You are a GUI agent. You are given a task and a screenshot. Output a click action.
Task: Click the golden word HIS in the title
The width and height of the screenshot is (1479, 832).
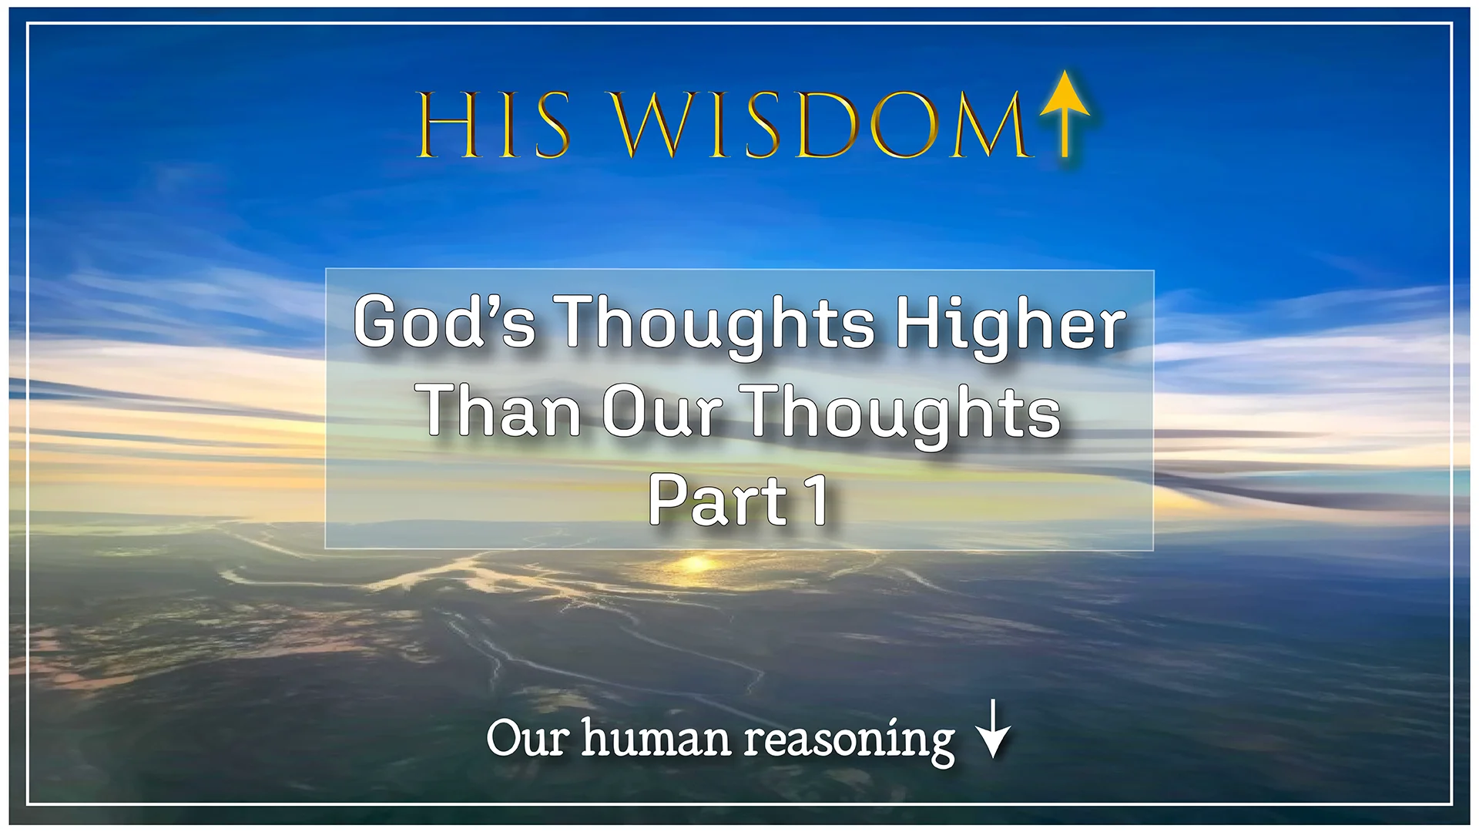[494, 126]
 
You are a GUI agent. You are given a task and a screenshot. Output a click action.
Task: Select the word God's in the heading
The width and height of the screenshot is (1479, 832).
[444, 322]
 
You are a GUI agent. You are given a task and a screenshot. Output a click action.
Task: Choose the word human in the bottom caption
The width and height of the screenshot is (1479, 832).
[655, 738]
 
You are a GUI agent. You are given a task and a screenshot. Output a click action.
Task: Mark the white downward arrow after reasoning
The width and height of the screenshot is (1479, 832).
[993, 729]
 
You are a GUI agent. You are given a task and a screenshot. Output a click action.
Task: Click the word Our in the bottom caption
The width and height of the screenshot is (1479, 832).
[528, 738]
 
